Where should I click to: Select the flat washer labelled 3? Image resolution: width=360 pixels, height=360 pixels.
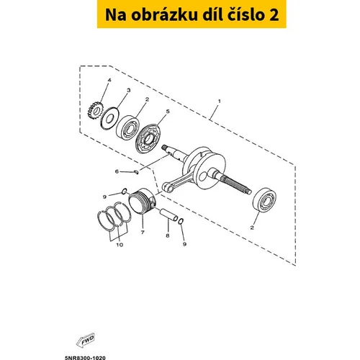(109, 118)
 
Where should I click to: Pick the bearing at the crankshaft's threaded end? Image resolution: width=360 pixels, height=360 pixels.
(264, 200)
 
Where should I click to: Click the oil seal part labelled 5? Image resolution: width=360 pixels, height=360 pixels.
(148, 139)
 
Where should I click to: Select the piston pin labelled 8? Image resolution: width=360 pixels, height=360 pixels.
(169, 215)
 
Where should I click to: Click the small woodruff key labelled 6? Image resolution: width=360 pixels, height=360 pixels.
(136, 172)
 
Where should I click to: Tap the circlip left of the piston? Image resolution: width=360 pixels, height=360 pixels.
(125, 192)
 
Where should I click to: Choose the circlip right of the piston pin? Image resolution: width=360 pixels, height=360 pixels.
(181, 222)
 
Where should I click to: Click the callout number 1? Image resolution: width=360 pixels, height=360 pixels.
(219, 101)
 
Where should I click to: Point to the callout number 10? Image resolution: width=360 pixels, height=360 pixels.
(120, 245)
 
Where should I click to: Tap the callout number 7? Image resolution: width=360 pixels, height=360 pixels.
(143, 233)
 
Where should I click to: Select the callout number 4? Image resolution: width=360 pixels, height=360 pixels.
(109, 80)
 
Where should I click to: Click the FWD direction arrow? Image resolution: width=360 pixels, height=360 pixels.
(86, 340)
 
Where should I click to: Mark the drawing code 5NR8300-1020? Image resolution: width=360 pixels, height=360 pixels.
(85, 358)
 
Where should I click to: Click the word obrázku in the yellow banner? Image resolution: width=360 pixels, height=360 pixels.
(164, 14)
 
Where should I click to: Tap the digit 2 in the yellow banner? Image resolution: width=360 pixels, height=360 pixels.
(274, 15)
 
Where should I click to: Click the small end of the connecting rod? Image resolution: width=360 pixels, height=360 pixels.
(167, 187)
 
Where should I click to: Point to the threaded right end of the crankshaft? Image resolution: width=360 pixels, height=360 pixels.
(242, 186)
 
